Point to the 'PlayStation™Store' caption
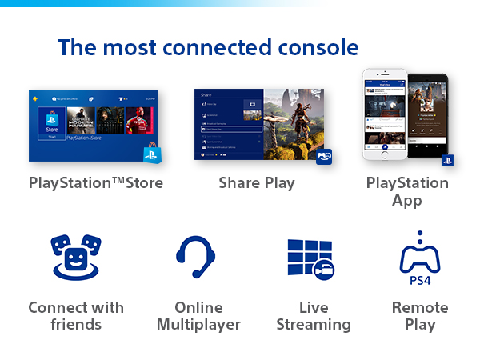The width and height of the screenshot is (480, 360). (x=96, y=183)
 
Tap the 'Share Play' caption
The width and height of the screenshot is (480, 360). (x=257, y=183)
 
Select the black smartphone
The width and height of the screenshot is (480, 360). (x=426, y=116)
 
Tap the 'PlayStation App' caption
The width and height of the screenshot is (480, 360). (x=407, y=191)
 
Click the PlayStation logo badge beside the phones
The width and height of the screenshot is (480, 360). (x=447, y=160)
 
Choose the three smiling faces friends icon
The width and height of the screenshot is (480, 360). (x=75, y=256)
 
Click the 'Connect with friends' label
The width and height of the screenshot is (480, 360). (x=76, y=316)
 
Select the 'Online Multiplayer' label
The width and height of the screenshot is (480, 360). (x=198, y=316)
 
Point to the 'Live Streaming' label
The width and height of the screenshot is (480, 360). (x=314, y=316)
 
